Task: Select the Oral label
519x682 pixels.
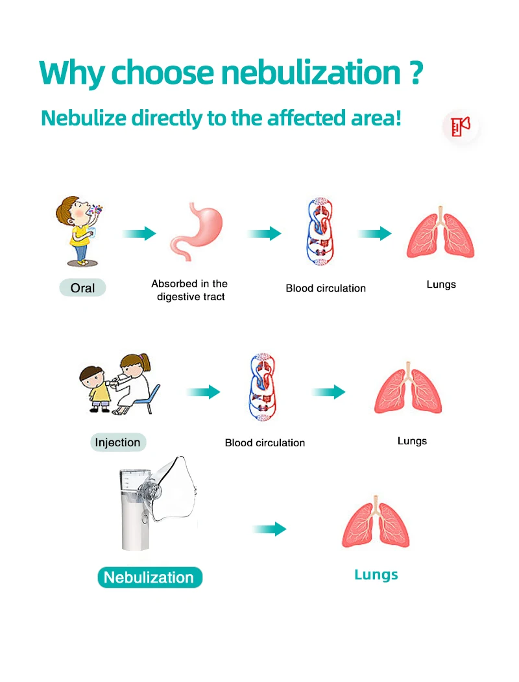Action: click(x=82, y=288)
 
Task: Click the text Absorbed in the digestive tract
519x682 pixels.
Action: click(x=190, y=290)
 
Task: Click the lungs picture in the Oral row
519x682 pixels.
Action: click(x=441, y=234)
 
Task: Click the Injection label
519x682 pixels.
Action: click(x=117, y=442)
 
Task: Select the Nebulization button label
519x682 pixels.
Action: click(x=149, y=577)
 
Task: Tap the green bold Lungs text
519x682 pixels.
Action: click(x=376, y=574)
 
